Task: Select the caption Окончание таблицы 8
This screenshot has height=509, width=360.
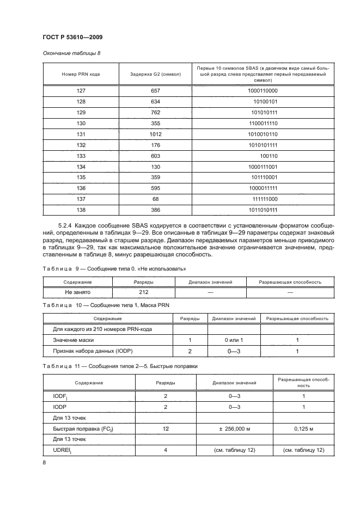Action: (x=71, y=53)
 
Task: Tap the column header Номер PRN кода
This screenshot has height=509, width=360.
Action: (x=82, y=73)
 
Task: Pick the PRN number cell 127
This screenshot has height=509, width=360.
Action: (x=82, y=91)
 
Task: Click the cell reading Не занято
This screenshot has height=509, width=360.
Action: (x=77, y=292)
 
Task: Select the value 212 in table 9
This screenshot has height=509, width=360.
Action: (x=143, y=292)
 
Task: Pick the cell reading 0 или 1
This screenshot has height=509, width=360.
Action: (x=233, y=340)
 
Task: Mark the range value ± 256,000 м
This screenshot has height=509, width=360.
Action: (x=234, y=429)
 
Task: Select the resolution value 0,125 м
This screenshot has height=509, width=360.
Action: (x=304, y=429)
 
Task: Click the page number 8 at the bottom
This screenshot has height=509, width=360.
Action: (x=45, y=463)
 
